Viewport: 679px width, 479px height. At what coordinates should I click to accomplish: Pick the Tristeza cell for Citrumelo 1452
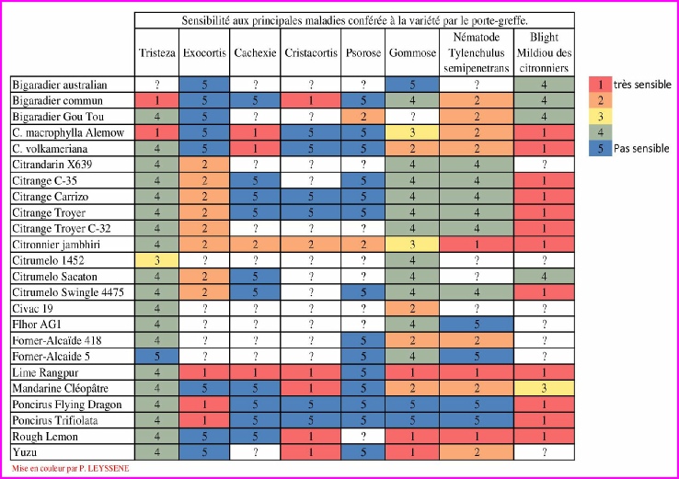(155, 261)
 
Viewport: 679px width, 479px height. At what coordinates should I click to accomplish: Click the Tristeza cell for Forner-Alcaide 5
(155, 355)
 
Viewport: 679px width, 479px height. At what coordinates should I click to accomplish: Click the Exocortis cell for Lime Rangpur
(204, 371)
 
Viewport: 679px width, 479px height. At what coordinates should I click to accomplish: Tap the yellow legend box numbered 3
(600, 116)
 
